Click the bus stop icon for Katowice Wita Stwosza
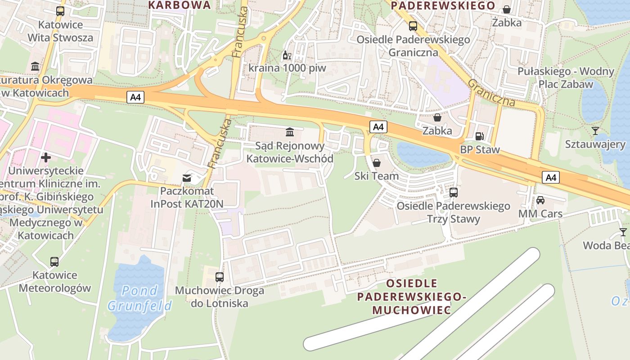pyautogui.click(x=60, y=11)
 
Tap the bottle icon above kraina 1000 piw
pyautogui.click(x=285, y=56)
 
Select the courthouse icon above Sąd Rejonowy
pyautogui.click(x=290, y=132)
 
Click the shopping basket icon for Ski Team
pyautogui.click(x=377, y=162)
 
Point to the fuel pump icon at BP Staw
pyautogui.click(x=480, y=136)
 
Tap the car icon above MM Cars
pyautogui.click(x=540, y=200)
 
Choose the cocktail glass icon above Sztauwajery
pyautogui.click(x=595, y=131)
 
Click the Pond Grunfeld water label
pyautogui.click(x=139, y=298)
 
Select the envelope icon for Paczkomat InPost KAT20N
pyautogui.click(x=187, y=178)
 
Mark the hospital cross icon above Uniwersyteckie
pyautogui.click(x=46, y=157)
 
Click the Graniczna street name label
pyautogui.click(x=491, y=93)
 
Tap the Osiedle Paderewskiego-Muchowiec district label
pyautogui.click(x=411, y=297)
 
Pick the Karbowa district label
pyautogui.click(x=180, y=5)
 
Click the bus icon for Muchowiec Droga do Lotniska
pyautogui.click(x=220, y=277)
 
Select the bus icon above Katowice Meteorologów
pyautogui.click(x=54, y=262)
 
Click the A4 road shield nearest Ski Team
pyautogui.click(x=378, y=127)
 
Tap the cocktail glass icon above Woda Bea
pyautogui.click(x=623, y=232)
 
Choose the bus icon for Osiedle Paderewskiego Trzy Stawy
pyautogui.click(x=454, y=193)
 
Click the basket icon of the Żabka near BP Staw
pyautogui.click(x=437, y=117)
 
